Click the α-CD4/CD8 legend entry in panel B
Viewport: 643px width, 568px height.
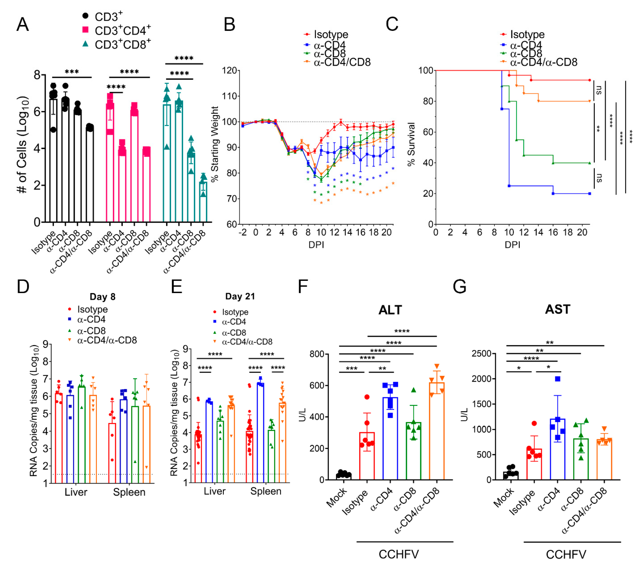342,62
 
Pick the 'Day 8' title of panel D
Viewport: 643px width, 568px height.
102,297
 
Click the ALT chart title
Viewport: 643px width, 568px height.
390,310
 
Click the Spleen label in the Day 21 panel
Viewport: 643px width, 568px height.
266,491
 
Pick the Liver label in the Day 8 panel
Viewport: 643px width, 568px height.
76,492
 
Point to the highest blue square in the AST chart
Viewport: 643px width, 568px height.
557,379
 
